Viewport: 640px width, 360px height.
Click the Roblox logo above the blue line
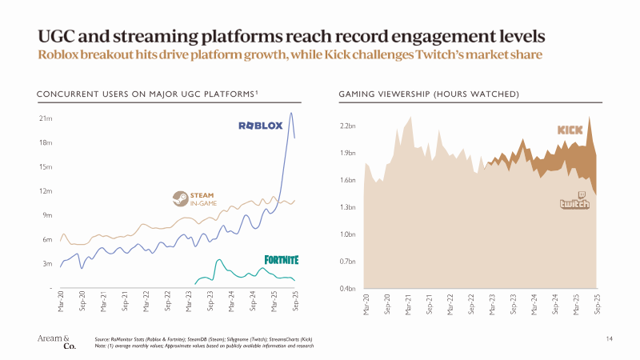(x=260, y=126)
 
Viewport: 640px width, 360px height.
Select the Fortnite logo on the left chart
(x=282, y=259)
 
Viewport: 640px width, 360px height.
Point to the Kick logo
(x=570, y=130)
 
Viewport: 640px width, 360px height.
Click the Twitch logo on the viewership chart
(x=574, y=201)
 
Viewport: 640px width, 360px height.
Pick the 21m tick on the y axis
(x=46, y=118)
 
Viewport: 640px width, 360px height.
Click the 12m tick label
(x=46, y=191)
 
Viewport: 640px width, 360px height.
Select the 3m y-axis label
(x=46, y=263)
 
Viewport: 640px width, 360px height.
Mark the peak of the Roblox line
(x=290, y=113)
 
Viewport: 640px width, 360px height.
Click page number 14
(x=609, y=340)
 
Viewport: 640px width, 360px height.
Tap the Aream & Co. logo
(x=54, y=342)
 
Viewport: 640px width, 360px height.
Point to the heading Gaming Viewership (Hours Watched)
(x=430, y=95)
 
